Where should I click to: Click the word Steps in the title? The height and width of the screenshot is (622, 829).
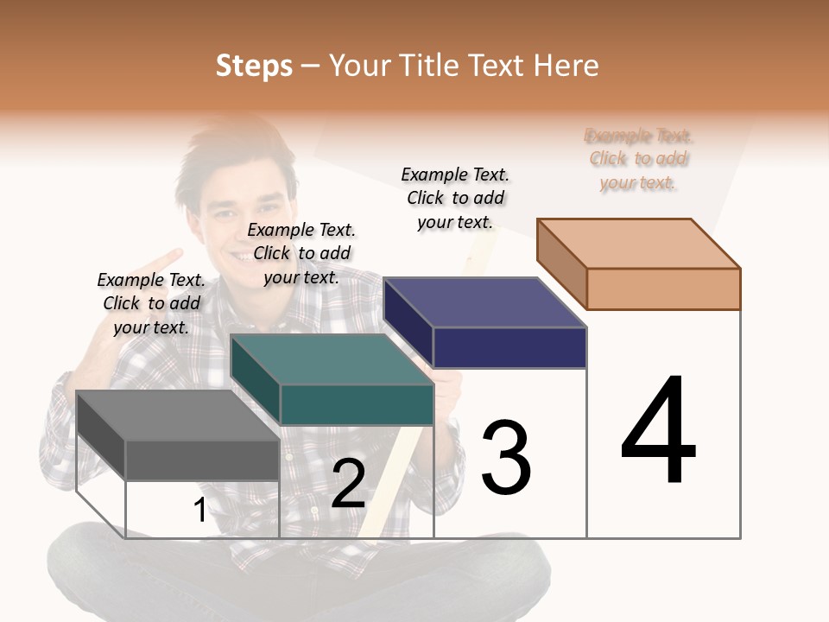[254, 66]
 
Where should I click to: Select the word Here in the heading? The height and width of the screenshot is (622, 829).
[566, 66]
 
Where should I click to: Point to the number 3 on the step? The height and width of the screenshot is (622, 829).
[505, 458]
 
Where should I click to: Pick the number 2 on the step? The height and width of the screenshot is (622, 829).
[348, 484]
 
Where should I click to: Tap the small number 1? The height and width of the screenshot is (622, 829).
[199, 511]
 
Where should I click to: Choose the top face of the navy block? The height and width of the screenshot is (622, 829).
[484, 302]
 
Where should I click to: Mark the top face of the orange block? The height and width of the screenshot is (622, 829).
[638, 243]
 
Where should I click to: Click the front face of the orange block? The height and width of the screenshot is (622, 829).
[663, 289]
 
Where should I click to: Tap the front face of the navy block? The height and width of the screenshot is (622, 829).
[509, 347]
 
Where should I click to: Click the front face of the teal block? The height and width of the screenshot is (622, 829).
[357, 404]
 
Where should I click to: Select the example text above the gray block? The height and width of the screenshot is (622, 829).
[151, 303]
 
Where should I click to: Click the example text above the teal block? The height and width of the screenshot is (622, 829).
[301, 253]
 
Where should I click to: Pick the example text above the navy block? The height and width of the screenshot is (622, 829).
[455, 198]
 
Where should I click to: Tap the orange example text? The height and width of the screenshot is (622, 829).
[638, 159]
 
